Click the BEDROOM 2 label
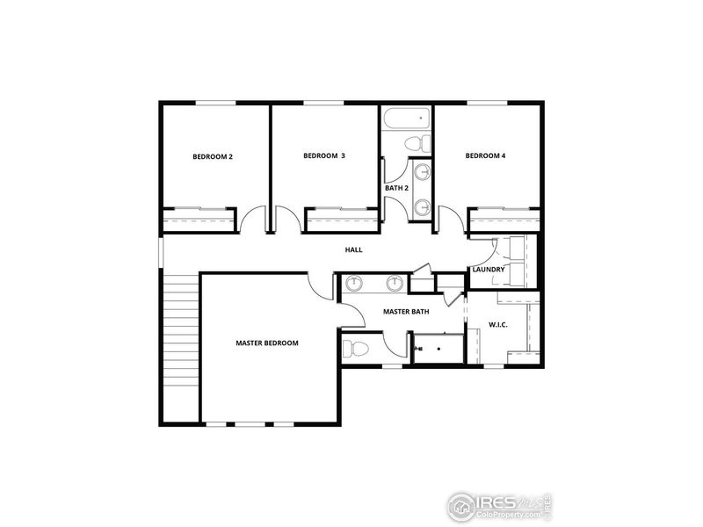[213, 157]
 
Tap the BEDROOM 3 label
[323, 156]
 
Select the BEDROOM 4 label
[485, 156]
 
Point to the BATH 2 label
[395, 188]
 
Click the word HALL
[353, 250]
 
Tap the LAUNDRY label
[488, 270]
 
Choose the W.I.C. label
[498, 325]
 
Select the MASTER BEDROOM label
[267, 343]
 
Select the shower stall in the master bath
[436, 347]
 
